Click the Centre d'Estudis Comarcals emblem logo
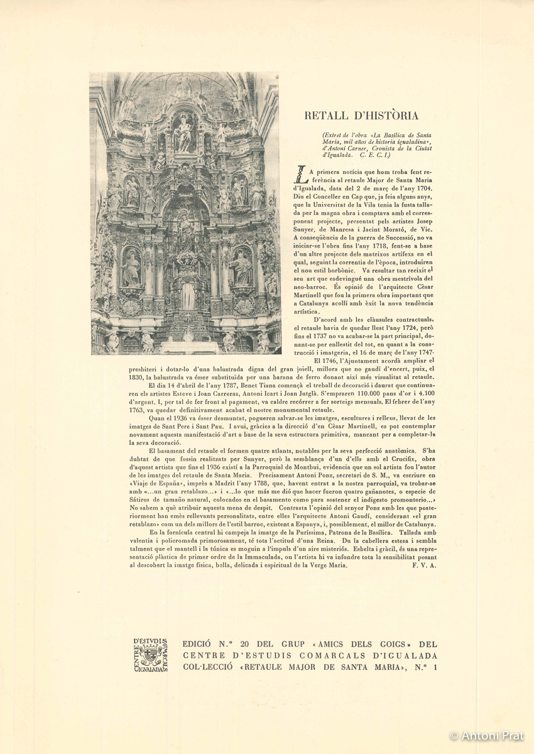151,655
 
